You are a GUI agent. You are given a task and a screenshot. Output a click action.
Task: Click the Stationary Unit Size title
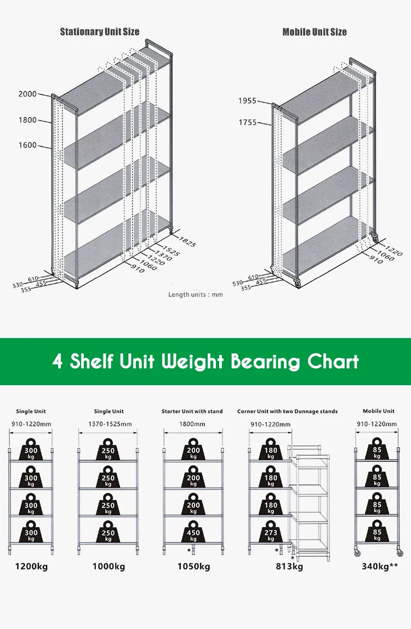pyautogui.click(x=100, y=32)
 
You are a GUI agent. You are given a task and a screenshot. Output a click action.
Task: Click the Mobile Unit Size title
pyautogui.click(x=315, y=32)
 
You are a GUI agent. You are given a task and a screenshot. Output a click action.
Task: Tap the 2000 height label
pyautogui.click(x=27, y=94)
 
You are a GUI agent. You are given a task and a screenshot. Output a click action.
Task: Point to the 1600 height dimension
pyautogui.click(x=27, y=145)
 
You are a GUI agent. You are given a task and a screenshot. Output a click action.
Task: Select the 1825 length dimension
pyautogui.click(x=187, y=243)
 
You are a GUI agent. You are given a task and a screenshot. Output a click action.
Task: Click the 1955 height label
pyautogui.click(x=248, y=101)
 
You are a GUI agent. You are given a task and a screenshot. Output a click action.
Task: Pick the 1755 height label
pyautogui.click(x=248, y=123)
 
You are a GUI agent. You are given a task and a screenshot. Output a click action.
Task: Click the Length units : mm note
pyautogui.click(x=196, y=294)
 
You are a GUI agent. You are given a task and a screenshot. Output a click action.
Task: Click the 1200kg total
pyautogui.click(x=31, y=566)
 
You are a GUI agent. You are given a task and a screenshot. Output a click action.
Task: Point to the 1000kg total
pyautogui.click(x=109, y=566)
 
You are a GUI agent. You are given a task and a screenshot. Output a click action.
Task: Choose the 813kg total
pyautogui.click(x=289, y=566)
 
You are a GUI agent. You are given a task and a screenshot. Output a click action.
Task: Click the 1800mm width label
pyautogui.click(x=192, y=424)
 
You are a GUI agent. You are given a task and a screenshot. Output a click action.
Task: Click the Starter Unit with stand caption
pyautogui.click(x=192, y=411)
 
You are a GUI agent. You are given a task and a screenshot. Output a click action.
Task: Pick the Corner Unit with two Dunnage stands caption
pyautogui.click(x=288, y=411)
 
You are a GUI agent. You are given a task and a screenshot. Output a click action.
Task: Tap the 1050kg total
pyautogui.click(x=193, y=566)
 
